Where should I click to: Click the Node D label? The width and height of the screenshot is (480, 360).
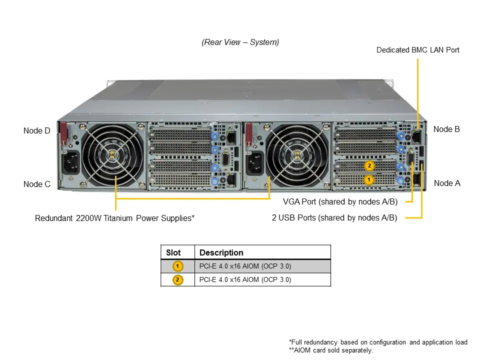tap(36, 131)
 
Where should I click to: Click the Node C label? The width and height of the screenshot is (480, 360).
tap(36, 184)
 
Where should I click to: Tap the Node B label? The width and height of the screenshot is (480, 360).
tap(446, 129)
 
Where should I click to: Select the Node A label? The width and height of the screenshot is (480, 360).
tap(447, 183)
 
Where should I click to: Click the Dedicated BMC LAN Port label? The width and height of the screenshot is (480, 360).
tap(417, 50)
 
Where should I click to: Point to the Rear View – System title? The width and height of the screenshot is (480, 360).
tap(240, 42)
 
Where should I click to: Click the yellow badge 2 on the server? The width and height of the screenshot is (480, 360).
tap(369, 165)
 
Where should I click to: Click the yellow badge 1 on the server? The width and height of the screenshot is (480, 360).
tap(368, 179)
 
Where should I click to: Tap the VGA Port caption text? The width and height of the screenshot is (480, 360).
tap(340, 202)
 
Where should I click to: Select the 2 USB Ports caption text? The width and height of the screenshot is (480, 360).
tap(334, 217)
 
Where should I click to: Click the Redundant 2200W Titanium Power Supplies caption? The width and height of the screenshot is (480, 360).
tap(114, 218)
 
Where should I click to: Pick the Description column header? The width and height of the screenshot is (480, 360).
tap(221, 252)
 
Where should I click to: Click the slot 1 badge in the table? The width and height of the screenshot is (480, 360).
tap(177, 266)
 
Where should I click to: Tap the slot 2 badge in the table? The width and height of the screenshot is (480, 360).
tap(177, 279)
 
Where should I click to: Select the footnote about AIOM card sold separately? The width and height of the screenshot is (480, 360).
tap(331, 350)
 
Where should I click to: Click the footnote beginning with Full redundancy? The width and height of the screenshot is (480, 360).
tap(378, 342)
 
